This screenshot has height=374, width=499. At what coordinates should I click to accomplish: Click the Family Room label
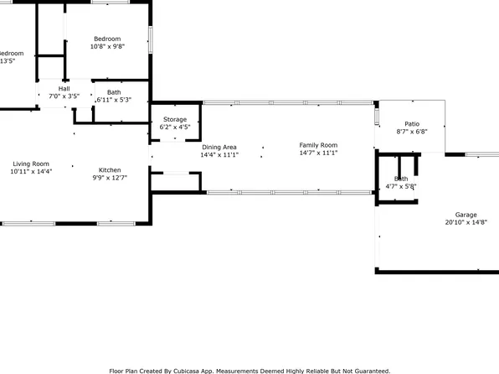tap(318, 145)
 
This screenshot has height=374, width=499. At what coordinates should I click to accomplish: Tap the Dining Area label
tap(219, 146)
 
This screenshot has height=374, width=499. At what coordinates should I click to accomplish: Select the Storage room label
tap(175, 119)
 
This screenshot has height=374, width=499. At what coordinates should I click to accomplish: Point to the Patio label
tap(411, 122)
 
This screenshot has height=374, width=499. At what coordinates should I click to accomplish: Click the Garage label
tap(466, 215)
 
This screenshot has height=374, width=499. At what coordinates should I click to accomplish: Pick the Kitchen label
tap(111, 168)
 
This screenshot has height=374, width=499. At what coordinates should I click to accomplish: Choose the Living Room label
tap(30, 164)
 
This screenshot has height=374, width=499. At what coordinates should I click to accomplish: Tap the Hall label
tap(64, 88)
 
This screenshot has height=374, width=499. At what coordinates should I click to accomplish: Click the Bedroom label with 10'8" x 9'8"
tap(107, 39)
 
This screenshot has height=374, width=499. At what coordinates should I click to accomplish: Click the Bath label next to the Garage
tap(401, 179)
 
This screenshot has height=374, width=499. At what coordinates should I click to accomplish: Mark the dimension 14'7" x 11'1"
tap(318, 153)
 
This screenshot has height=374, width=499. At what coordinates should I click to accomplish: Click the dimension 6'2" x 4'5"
tap(175, 127)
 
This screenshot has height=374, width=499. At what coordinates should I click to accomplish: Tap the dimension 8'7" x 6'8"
tap(411, 132)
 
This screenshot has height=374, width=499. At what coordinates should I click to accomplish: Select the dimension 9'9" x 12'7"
tap(111, 177)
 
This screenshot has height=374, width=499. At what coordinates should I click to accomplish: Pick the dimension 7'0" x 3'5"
tap(64, 96)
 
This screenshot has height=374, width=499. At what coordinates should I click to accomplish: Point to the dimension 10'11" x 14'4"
tap(30, 172)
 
